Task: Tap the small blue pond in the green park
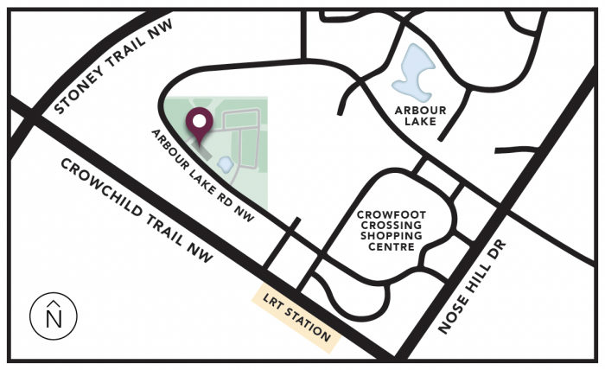(226, 163)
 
